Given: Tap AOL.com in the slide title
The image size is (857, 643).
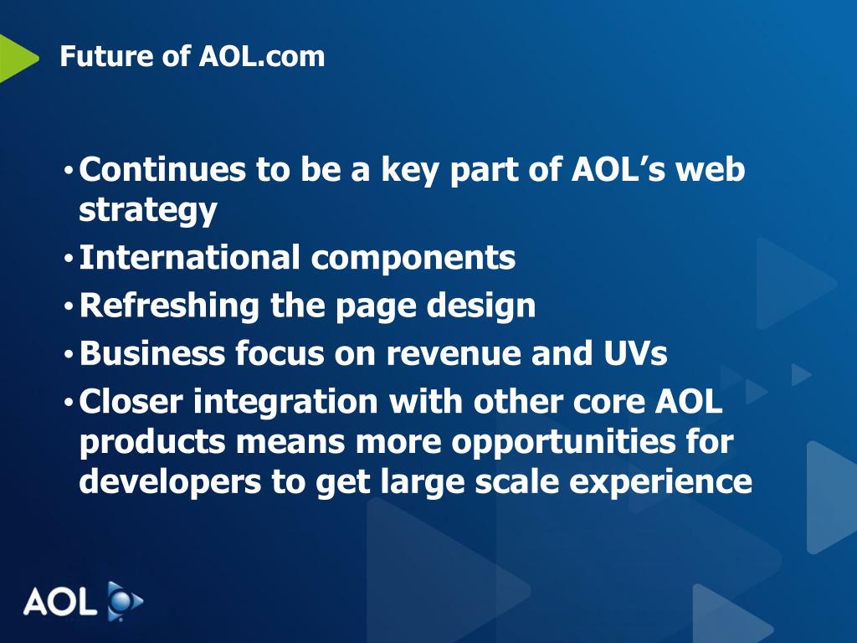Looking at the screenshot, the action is click(x=262, y=56).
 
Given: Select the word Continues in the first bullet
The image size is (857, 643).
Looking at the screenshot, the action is click(x=162, y=169).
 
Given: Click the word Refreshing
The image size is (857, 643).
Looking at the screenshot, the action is click(x=169, y=306).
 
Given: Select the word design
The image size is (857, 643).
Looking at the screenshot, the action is click(x=481, y=306).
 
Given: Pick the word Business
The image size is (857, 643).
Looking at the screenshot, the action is click(x=152, y=353).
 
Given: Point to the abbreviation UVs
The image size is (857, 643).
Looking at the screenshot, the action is click(x=636, y=353).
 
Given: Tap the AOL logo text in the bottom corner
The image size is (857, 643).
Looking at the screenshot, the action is click(x=57, y=602).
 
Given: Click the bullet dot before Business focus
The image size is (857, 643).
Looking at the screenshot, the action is click(x=69, y=354).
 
